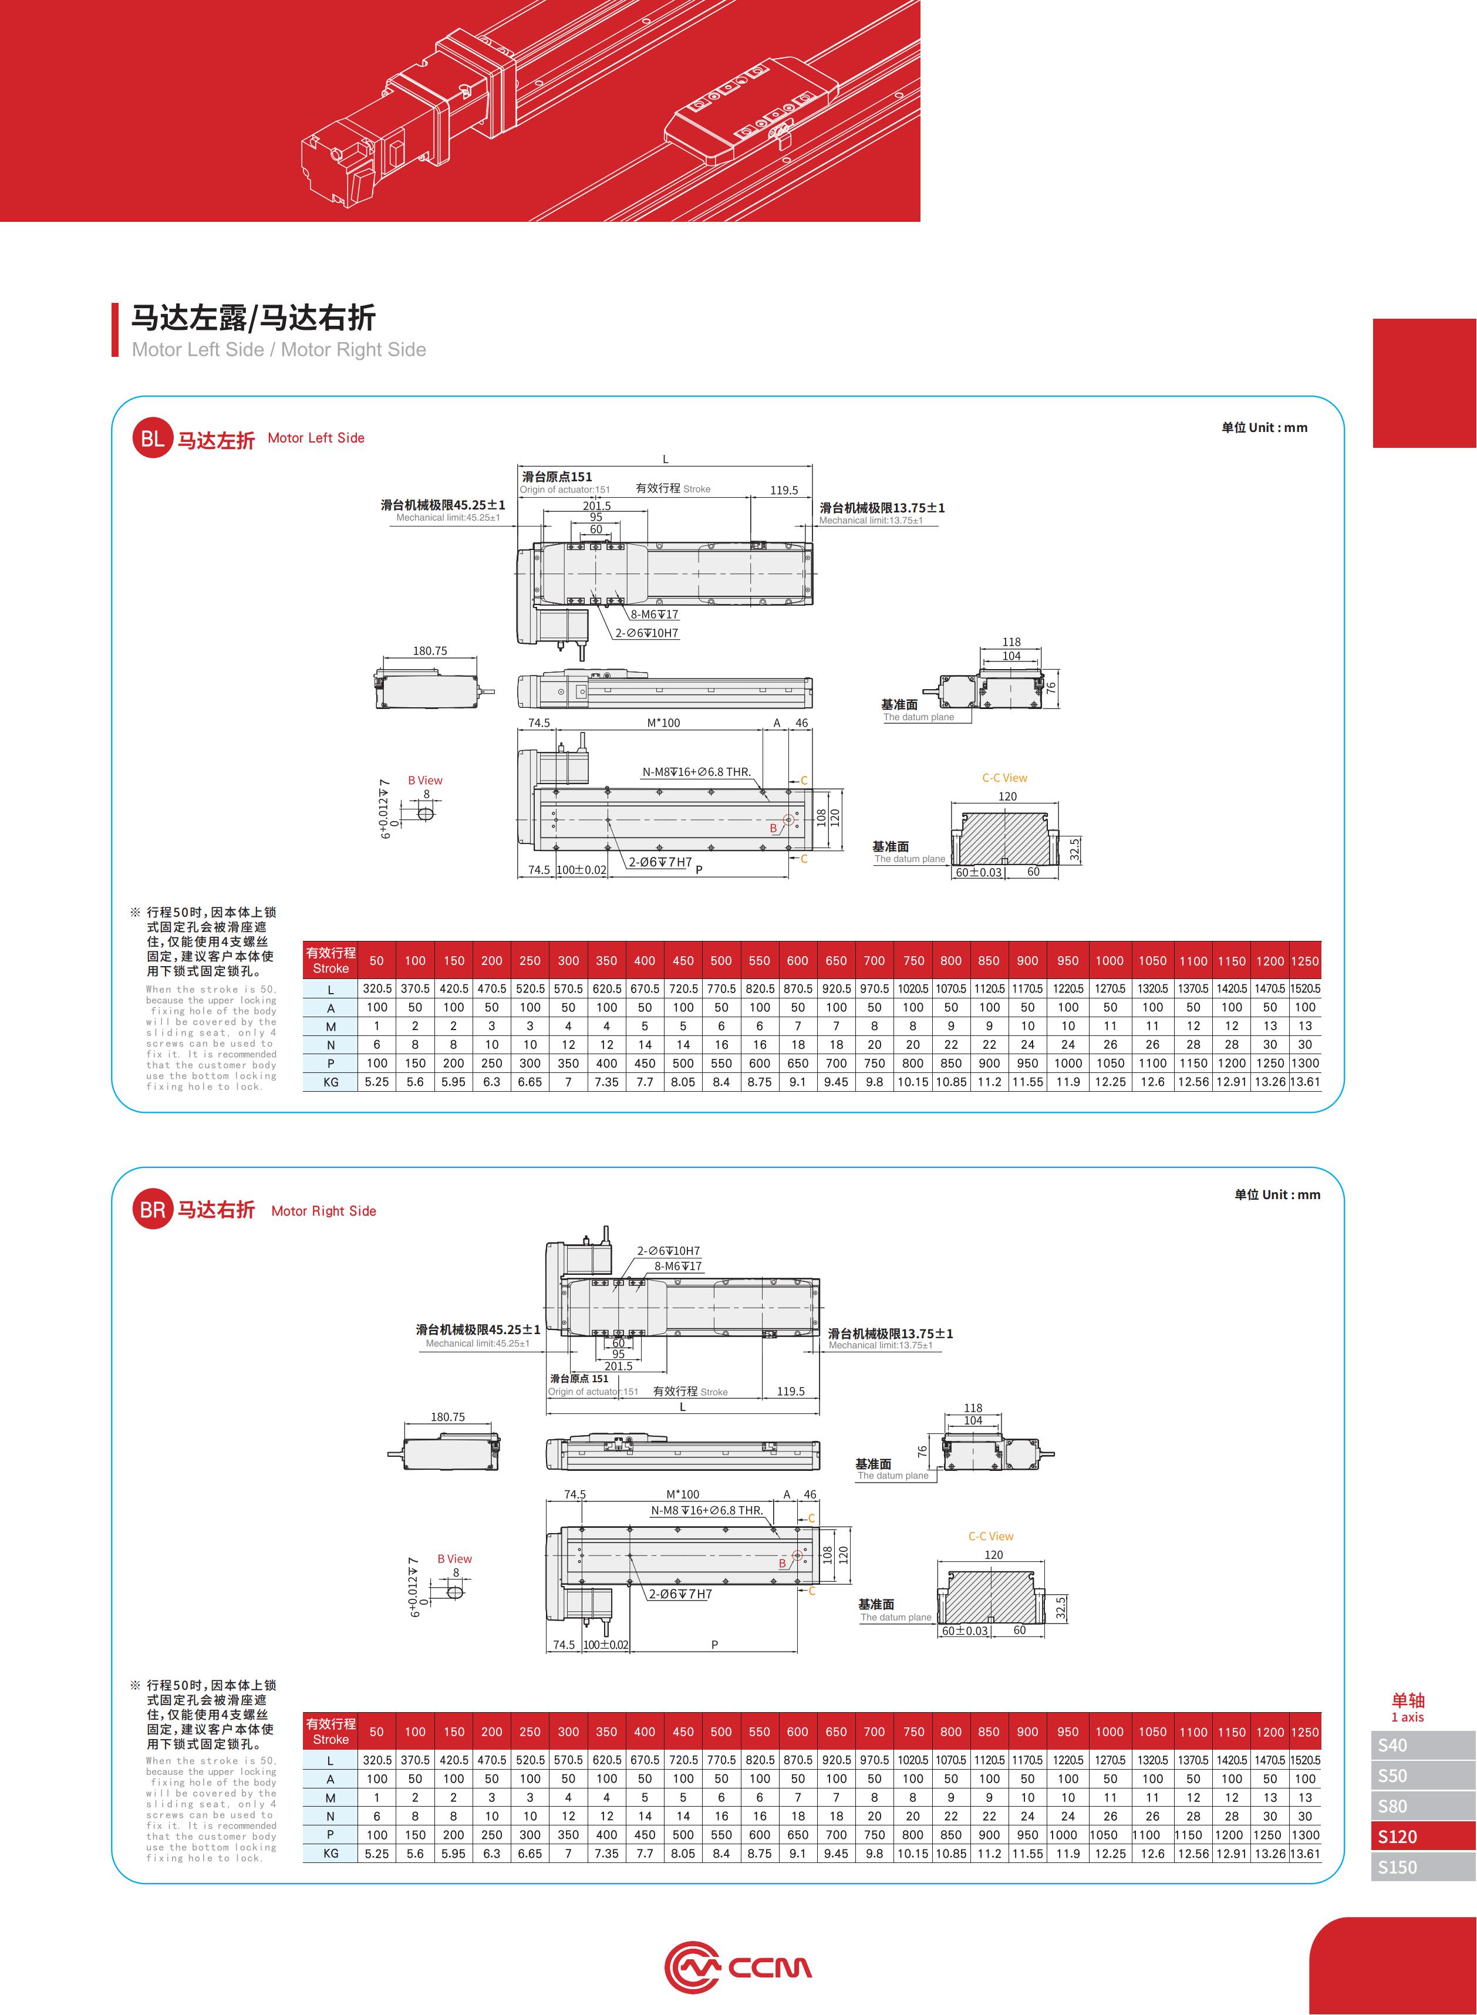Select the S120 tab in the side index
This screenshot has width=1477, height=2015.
[x=1424, y=1836]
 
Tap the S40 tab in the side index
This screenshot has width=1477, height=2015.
[x=1424, y=1745]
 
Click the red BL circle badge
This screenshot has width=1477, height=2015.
[x=152, y=439]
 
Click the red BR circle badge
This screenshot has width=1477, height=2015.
[x=152, y=1210]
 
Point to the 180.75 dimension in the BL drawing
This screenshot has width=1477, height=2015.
[x=430, y=651]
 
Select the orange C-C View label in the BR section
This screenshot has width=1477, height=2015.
[x=990, y=1536]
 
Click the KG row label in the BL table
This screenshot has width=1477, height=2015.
[x=331, y=1082]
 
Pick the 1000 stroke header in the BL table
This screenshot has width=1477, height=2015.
[x=1110, y=961]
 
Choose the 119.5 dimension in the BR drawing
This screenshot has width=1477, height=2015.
[x=790, y=1391]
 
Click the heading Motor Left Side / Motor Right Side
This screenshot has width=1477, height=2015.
[x=279, y=350]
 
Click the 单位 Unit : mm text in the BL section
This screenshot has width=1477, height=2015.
[x=1264, y=427]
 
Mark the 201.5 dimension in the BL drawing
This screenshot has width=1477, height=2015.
[x=597, y=506]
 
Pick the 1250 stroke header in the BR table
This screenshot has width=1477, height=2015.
[x=1306, y=1732]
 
